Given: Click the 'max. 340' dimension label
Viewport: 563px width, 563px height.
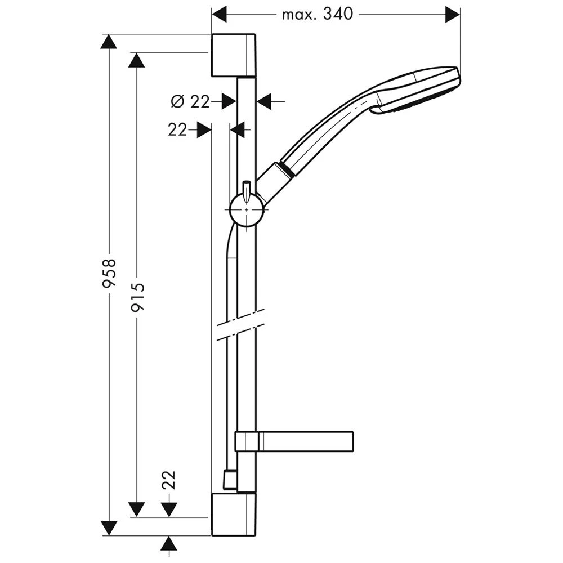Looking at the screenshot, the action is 318,15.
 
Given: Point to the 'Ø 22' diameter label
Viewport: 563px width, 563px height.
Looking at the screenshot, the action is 190,102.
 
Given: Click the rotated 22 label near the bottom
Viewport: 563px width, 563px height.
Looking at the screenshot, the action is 169,480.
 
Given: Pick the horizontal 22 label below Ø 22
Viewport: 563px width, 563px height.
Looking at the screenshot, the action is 177,129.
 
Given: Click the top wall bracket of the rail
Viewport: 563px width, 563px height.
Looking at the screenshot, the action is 234,56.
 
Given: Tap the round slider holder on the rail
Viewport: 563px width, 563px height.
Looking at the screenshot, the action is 247,209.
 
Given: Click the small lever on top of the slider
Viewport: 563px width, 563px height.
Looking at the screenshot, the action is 247,191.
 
